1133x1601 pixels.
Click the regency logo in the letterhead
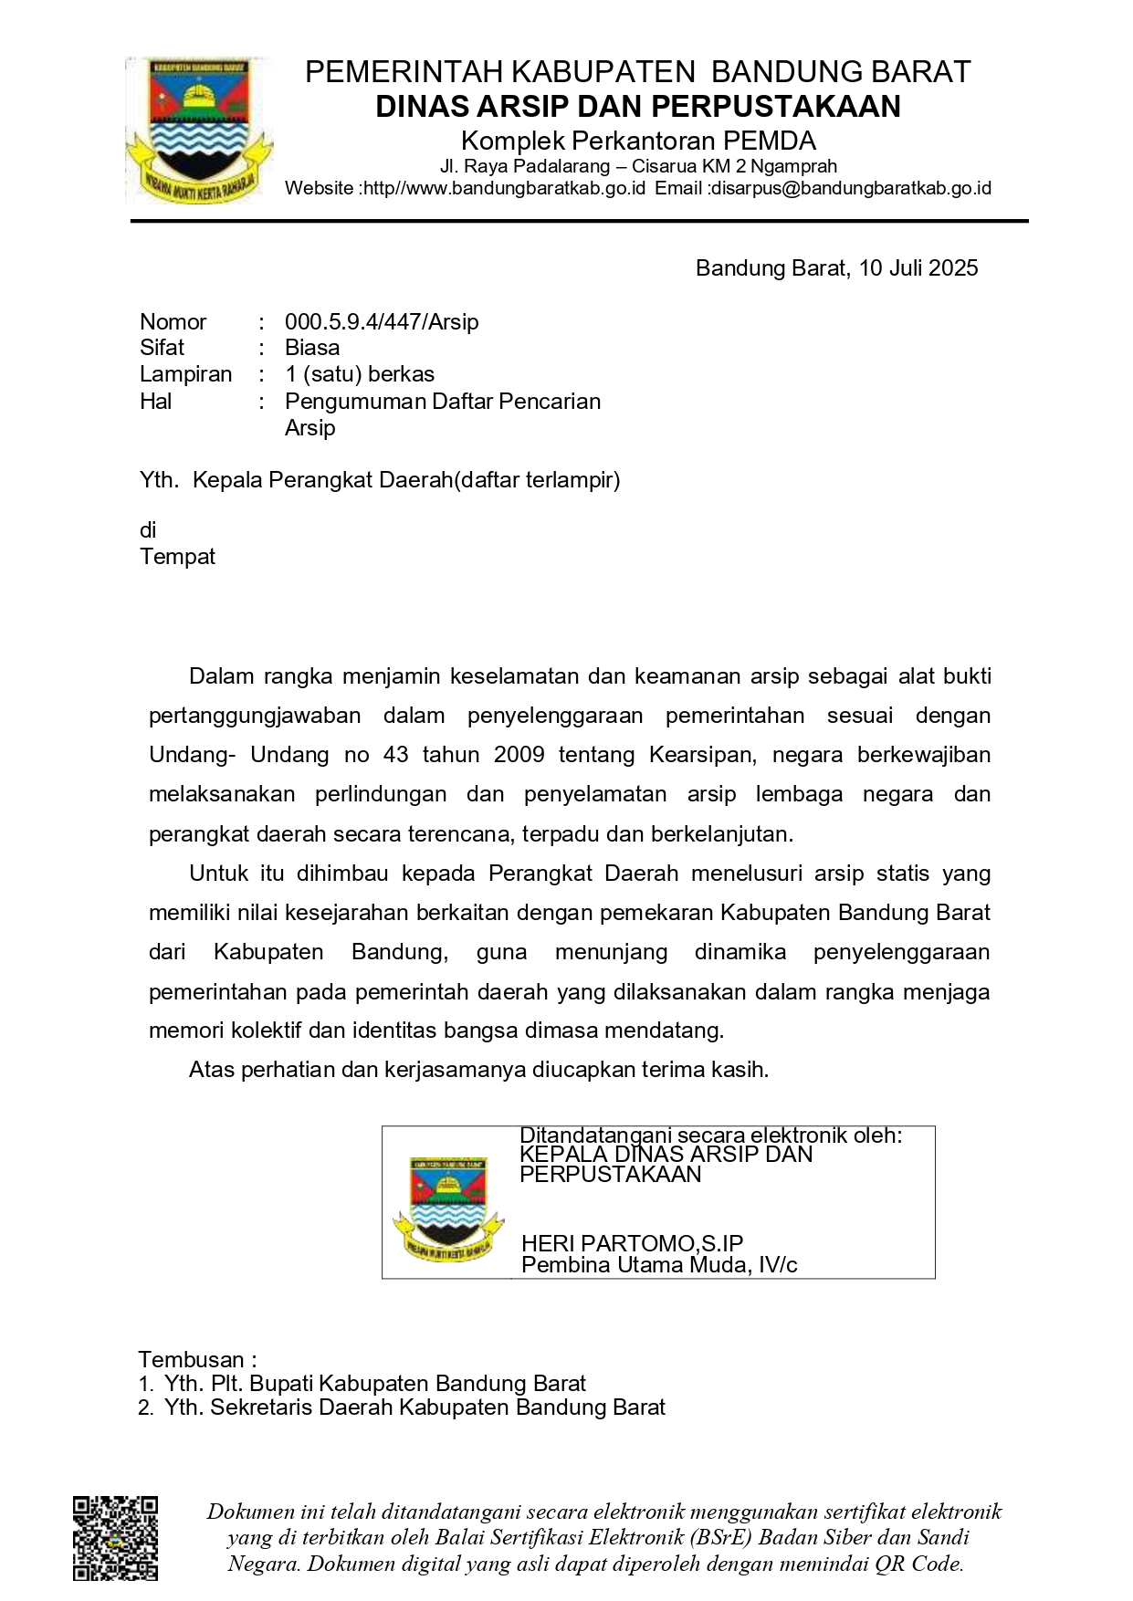(x=199, y=131)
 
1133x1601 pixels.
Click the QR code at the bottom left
(x=115, y=1538)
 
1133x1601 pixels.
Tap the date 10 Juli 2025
(x=918, y=267)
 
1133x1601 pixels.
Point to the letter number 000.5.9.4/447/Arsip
(x=382, y=321)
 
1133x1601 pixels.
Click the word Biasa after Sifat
(x=312, y=348)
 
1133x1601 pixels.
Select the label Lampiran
(x=185, y=374)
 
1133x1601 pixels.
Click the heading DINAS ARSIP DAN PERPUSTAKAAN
(x=637, y=107)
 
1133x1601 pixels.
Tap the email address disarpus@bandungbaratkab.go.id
(x=851, y=189)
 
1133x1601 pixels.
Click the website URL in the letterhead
(x=504, y=189)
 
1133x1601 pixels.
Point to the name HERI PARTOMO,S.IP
(x=632, y=1243)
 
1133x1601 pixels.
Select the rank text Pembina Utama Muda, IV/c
(x=659, y=1265)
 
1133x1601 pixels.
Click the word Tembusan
(x=192, y=1359)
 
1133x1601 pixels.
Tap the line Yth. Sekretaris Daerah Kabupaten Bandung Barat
(x=414, y=1407)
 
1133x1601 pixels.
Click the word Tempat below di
(x=177, y=557)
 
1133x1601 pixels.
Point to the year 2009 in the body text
(x=519, y=755)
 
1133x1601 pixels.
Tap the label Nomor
(x=173, y=321)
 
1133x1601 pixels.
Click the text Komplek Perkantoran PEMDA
(x=638, y=141)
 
